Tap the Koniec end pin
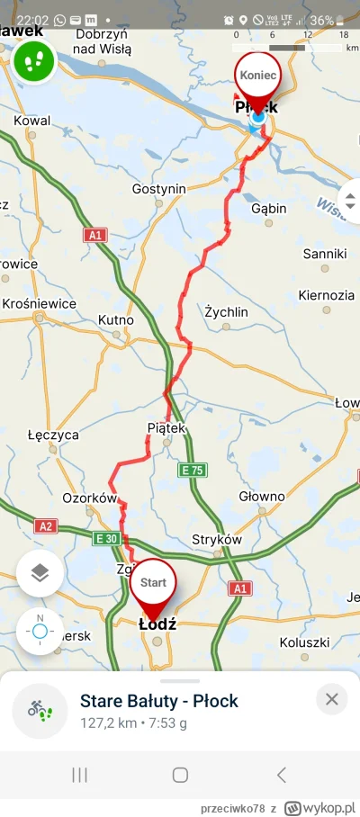point(257,76)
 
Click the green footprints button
point(34,61)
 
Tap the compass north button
point(40,631)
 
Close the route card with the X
point(331,699)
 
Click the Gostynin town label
point(158,188)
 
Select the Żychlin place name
point(226,311)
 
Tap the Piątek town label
point(166,428)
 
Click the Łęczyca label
point(53,435)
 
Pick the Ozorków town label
point(90,498)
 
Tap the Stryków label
point(218,539)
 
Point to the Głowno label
point(262,496)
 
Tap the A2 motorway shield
point(44,525)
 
